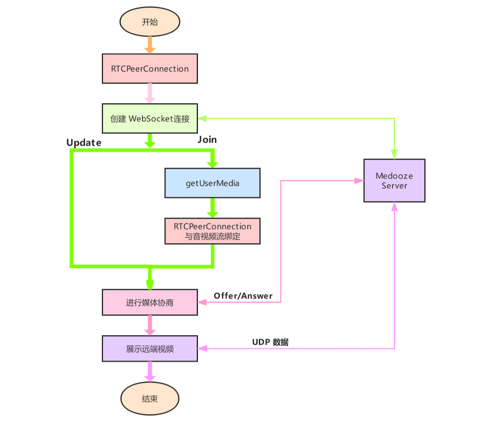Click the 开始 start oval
pos(150,22)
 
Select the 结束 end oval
pos(150,399)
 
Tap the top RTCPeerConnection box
pos(150,69)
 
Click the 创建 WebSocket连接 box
pos(150,118)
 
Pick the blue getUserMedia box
pos(212,183)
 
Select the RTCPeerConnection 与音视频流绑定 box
pos(212,232)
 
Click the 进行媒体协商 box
pos(150,302)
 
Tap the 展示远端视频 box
pos(150,349)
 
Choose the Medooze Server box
pos(394,180)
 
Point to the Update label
pos(84,143)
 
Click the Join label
pos(207,140)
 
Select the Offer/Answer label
pos(243,295)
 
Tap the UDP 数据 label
pos(270,342)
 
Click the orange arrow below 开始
pos(150,45)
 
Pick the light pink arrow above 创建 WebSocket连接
pos(150,93)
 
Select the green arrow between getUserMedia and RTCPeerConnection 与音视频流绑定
pos(212,208)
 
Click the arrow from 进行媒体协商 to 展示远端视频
pos(150,325)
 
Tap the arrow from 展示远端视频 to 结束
pos(150,371)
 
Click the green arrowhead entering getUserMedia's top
pos(212,164)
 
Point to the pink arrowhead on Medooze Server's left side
pos(359,181)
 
